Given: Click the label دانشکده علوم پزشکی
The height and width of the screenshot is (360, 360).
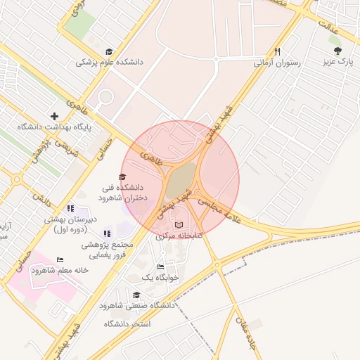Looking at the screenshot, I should click(109, 62).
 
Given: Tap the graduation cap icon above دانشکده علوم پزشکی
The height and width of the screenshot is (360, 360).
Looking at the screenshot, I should click(108, 51).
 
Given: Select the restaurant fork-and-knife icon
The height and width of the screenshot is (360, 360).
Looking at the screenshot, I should click(278, 51).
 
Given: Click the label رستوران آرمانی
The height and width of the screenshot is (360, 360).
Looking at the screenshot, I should click(277, 62).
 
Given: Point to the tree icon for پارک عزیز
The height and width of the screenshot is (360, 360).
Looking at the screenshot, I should click(338, 51).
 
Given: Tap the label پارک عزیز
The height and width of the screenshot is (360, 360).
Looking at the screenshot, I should click(337, 62).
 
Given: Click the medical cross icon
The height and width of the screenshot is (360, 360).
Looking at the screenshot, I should click(54, 116).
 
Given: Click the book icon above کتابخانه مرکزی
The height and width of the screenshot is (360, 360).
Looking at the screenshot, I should click(179, 224).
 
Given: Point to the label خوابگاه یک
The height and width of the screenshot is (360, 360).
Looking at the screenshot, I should click(160, 278).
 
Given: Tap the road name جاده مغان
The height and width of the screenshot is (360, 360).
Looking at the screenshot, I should click(251, 335).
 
